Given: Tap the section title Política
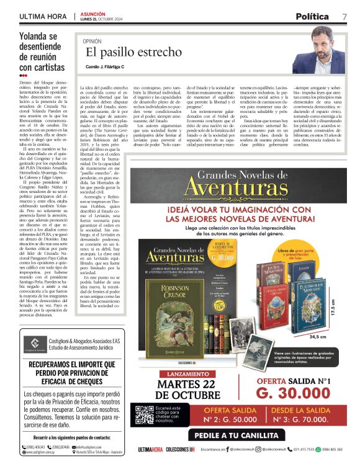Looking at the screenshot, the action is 316,16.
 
